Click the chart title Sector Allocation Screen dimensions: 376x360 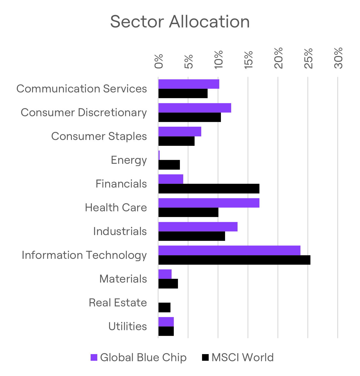(180, 22)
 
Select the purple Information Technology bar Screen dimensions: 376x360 (229, 250)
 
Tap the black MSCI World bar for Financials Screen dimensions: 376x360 (209, 189)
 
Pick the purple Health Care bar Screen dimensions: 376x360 (209, 203)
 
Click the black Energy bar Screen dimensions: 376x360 (169, 165)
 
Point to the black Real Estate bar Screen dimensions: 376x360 (164, 308)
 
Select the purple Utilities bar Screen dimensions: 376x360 (166, 322)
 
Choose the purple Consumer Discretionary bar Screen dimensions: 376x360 (195, 108)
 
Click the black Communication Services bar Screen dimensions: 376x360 (183, 94)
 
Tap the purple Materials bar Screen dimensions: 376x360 (165, 274)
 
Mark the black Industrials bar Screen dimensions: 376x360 (192, 236)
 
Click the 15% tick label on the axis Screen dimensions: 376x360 (249, 60)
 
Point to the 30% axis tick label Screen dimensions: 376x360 (338, 58)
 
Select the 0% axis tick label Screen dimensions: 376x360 (159, 62)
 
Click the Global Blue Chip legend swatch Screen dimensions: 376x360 (94, 358)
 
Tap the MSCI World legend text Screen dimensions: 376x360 (242, 358)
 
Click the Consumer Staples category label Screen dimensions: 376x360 (99, 136)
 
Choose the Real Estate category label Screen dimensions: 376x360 (118, 303)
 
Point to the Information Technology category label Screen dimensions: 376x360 (84, 255)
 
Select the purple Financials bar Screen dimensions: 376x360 (171, 179)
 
